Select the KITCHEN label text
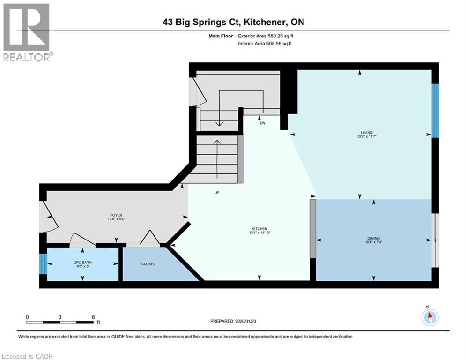(x=259, y=229)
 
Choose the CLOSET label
(x=148, y=264)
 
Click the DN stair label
(x=263, y=123)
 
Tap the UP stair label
(x=216, y=192)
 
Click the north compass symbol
(x=429, y=316)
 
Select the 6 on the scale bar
(x=93, y=316)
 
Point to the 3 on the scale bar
(x=60, y=316)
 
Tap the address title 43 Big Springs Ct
(x=232, y=22)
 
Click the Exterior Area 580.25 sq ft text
(x=266, y=36)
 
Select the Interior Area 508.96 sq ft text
(x=266, y=43)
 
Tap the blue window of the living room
(x=435, y=111)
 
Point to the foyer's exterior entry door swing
(x=49, y=217)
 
